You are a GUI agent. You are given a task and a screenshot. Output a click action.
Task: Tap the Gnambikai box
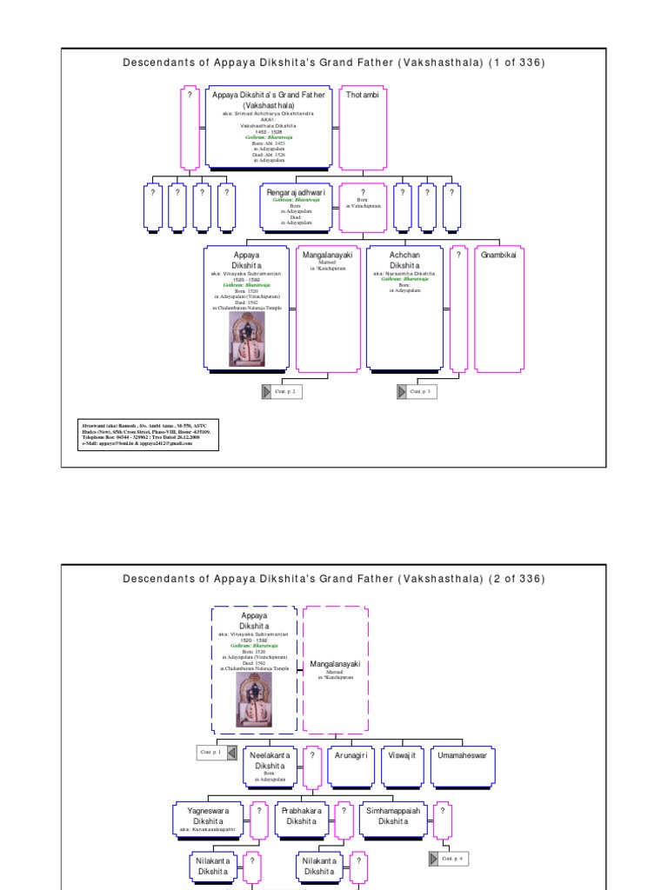pos(499,308)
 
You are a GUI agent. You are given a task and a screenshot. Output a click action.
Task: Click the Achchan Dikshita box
pos(404,308)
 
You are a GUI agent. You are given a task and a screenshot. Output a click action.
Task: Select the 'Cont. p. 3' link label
pos(422,392)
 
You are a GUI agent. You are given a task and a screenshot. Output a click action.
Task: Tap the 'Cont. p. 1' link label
pos(211,752)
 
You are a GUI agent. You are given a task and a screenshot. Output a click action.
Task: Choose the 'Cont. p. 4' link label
pos(454,859)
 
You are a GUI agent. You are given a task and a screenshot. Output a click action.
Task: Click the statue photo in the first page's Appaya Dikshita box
pos(247,339)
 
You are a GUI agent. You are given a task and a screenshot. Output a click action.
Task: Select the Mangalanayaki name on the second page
pos(335,665)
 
